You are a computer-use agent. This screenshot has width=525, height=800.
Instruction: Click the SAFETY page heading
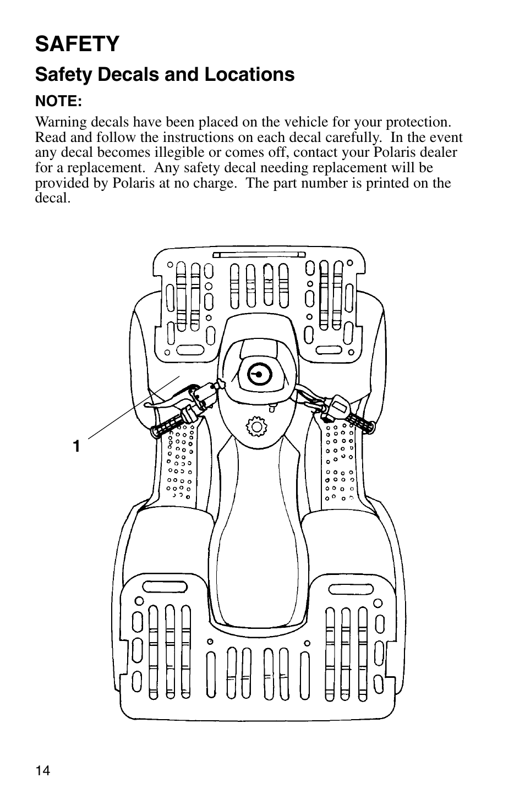tap(77, 44)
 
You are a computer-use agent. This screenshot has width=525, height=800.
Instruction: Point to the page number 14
tap(42, 771)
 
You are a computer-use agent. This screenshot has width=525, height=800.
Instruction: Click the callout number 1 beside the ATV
tap(78, 446)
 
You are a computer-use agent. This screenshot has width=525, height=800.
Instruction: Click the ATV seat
tap(258, 539)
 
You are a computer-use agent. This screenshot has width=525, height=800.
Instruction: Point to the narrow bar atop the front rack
tap(259, 255)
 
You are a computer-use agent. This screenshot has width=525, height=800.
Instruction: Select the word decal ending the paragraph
tap(52, 198)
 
